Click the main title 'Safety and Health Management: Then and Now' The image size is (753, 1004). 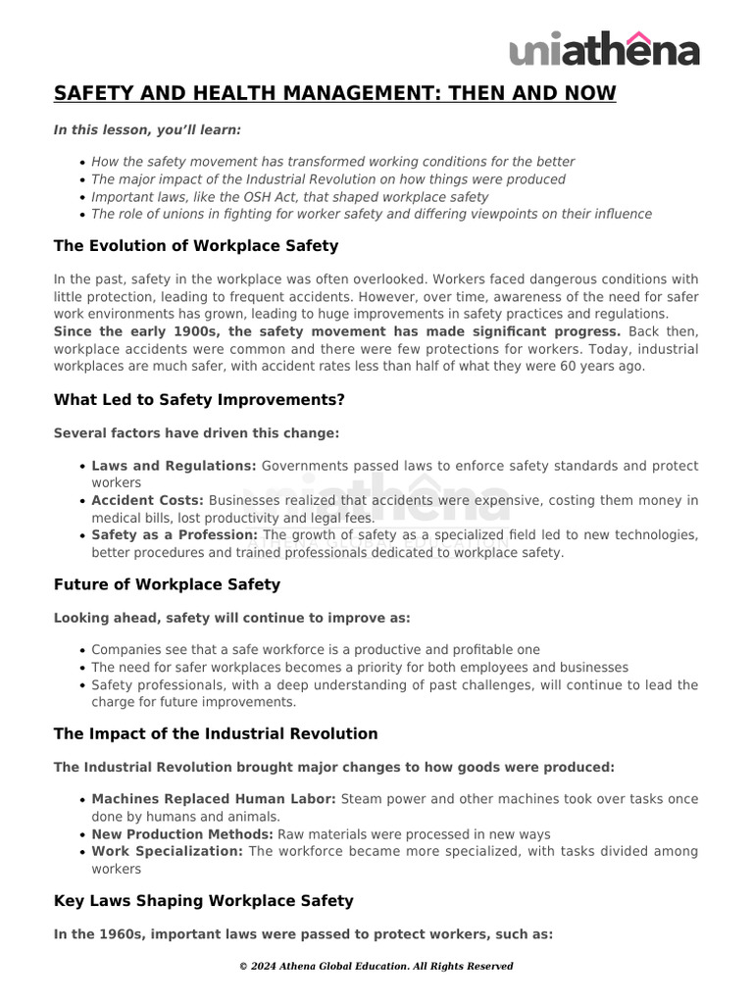(x=334, y=93)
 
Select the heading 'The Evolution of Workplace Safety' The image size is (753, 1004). (x=196, y=245)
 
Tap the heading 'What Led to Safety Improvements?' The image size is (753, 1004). (x=199, y=399)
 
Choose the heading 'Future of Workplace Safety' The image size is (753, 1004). (x=167, y=584)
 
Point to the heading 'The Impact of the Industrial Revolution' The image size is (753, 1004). (x=216, y=733)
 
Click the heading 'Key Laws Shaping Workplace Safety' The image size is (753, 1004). (x=203, y=900)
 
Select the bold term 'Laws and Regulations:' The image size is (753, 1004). (x=174, y=466)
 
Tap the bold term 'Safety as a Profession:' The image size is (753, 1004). (x=175, y=534)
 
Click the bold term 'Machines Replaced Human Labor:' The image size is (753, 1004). (x=214, y=799)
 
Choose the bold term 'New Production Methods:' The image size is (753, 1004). (x=182, y=834)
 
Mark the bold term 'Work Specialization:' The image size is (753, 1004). (x=167, y=851)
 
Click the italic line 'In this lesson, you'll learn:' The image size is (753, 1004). (x=147, y=129)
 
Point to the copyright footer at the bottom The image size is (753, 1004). (x=376, y=966)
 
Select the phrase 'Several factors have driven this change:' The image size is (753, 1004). (x=196, y=432)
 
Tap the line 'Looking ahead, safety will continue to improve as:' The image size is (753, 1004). (x=231, y=618)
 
